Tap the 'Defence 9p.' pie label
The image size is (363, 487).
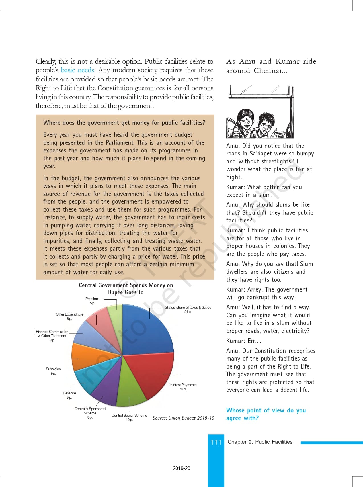(x=69, y=395)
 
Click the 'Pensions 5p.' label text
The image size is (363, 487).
(x=92, y=301)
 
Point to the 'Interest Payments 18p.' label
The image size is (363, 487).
(x=183, y=387)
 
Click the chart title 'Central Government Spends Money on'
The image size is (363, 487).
(x=126, y=285)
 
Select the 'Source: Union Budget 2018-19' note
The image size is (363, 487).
(x=183, y=418)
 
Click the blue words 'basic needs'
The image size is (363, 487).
(x=77, y=70)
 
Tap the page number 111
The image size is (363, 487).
(x=216, y=442)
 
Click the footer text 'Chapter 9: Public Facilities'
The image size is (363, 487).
(x=260, y=442)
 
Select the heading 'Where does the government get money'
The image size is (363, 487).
(x=124, y=123)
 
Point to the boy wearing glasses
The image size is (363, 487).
(x=265, y=125)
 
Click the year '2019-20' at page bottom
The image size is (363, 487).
(x=181, y=468)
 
